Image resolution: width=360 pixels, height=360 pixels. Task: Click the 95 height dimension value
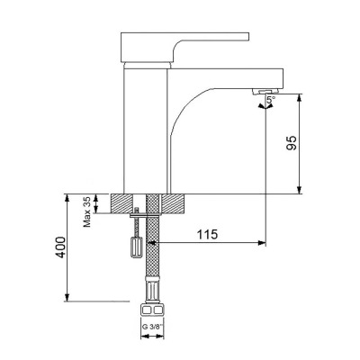point(317,144)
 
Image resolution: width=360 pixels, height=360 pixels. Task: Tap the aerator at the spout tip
point(265,93)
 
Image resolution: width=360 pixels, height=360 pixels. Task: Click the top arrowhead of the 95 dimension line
point(298,95)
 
